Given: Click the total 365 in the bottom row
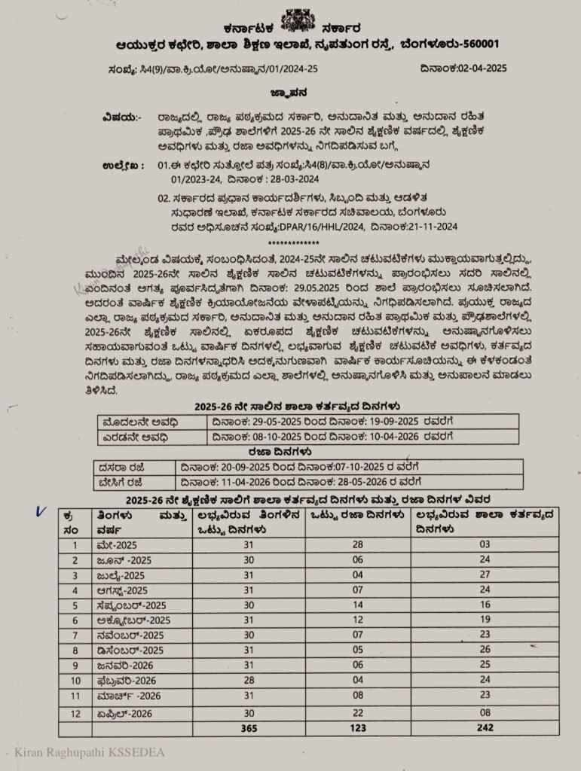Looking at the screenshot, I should point(248,728).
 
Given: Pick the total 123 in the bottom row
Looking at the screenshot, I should point(358,728).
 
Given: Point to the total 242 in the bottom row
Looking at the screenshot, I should point(485,728).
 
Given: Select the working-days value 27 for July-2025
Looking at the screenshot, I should point(485,575).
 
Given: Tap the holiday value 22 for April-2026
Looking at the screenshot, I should point(358,712).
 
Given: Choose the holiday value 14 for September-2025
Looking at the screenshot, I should point(358,605).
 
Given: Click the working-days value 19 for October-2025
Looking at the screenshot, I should point(485,620).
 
